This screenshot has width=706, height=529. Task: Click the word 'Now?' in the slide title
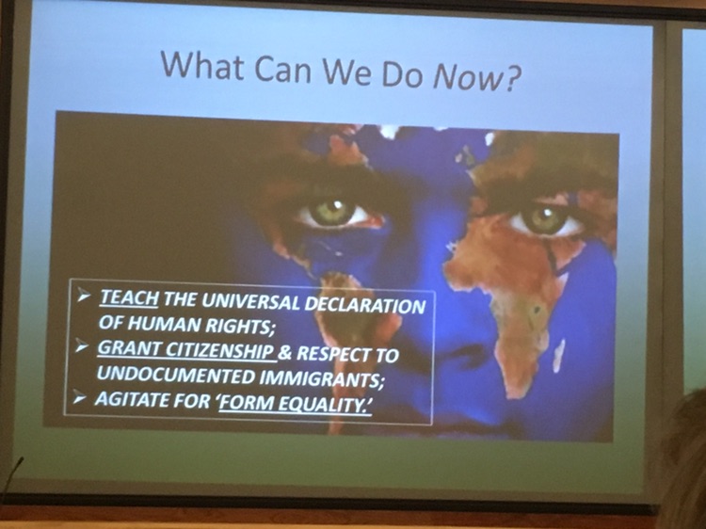(x=476, y=77)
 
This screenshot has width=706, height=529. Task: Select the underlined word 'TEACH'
(x=129, y=298)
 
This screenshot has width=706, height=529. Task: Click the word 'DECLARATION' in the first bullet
(x=365, y=304)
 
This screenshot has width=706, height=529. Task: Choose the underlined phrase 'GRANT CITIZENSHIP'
(x=185, y=349)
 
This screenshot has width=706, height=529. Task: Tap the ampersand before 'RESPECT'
(x=284, y=353)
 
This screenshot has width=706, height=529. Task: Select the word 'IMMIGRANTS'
(x=321, y=379)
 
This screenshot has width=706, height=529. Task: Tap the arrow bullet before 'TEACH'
(x=84, y=296)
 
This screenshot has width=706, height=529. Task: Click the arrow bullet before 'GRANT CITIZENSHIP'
(x=82, y=346)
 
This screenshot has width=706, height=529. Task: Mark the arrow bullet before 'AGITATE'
(x=80, y=398)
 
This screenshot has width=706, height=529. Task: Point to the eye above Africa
(x=544, y=219)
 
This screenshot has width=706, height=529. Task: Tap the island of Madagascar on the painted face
(x=558, y=355)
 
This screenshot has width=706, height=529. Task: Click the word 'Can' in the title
(x=282, y=69)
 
